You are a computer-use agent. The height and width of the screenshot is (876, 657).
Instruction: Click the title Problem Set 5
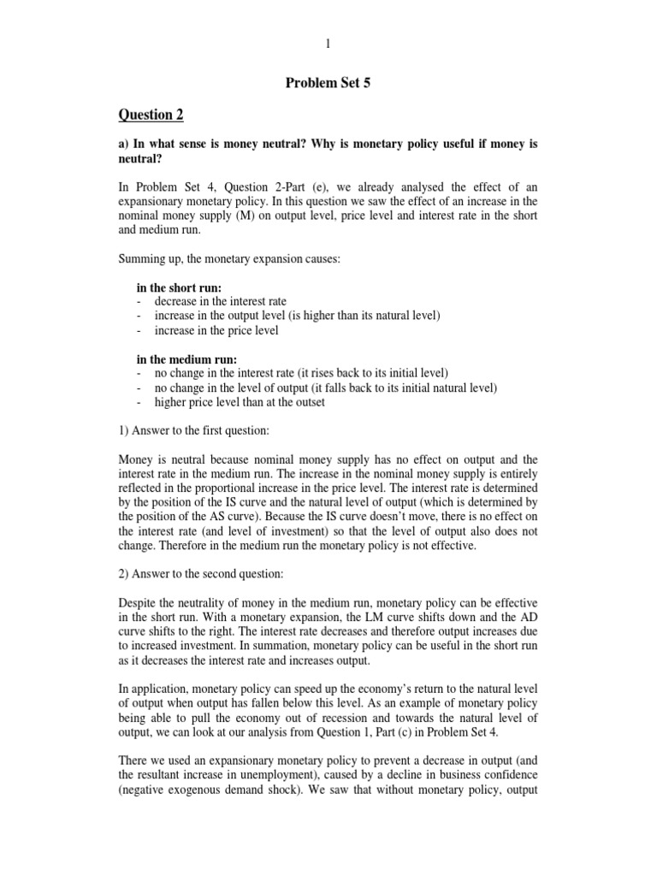tap(328, 83)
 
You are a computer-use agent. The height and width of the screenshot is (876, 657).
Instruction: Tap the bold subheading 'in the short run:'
tap(179, 287)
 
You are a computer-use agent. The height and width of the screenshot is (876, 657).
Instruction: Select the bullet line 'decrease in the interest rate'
tap(220, 301)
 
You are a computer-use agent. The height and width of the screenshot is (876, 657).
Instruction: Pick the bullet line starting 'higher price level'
tap(240, 402)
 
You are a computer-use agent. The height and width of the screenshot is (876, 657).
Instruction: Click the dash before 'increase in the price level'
tap(139, 330)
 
